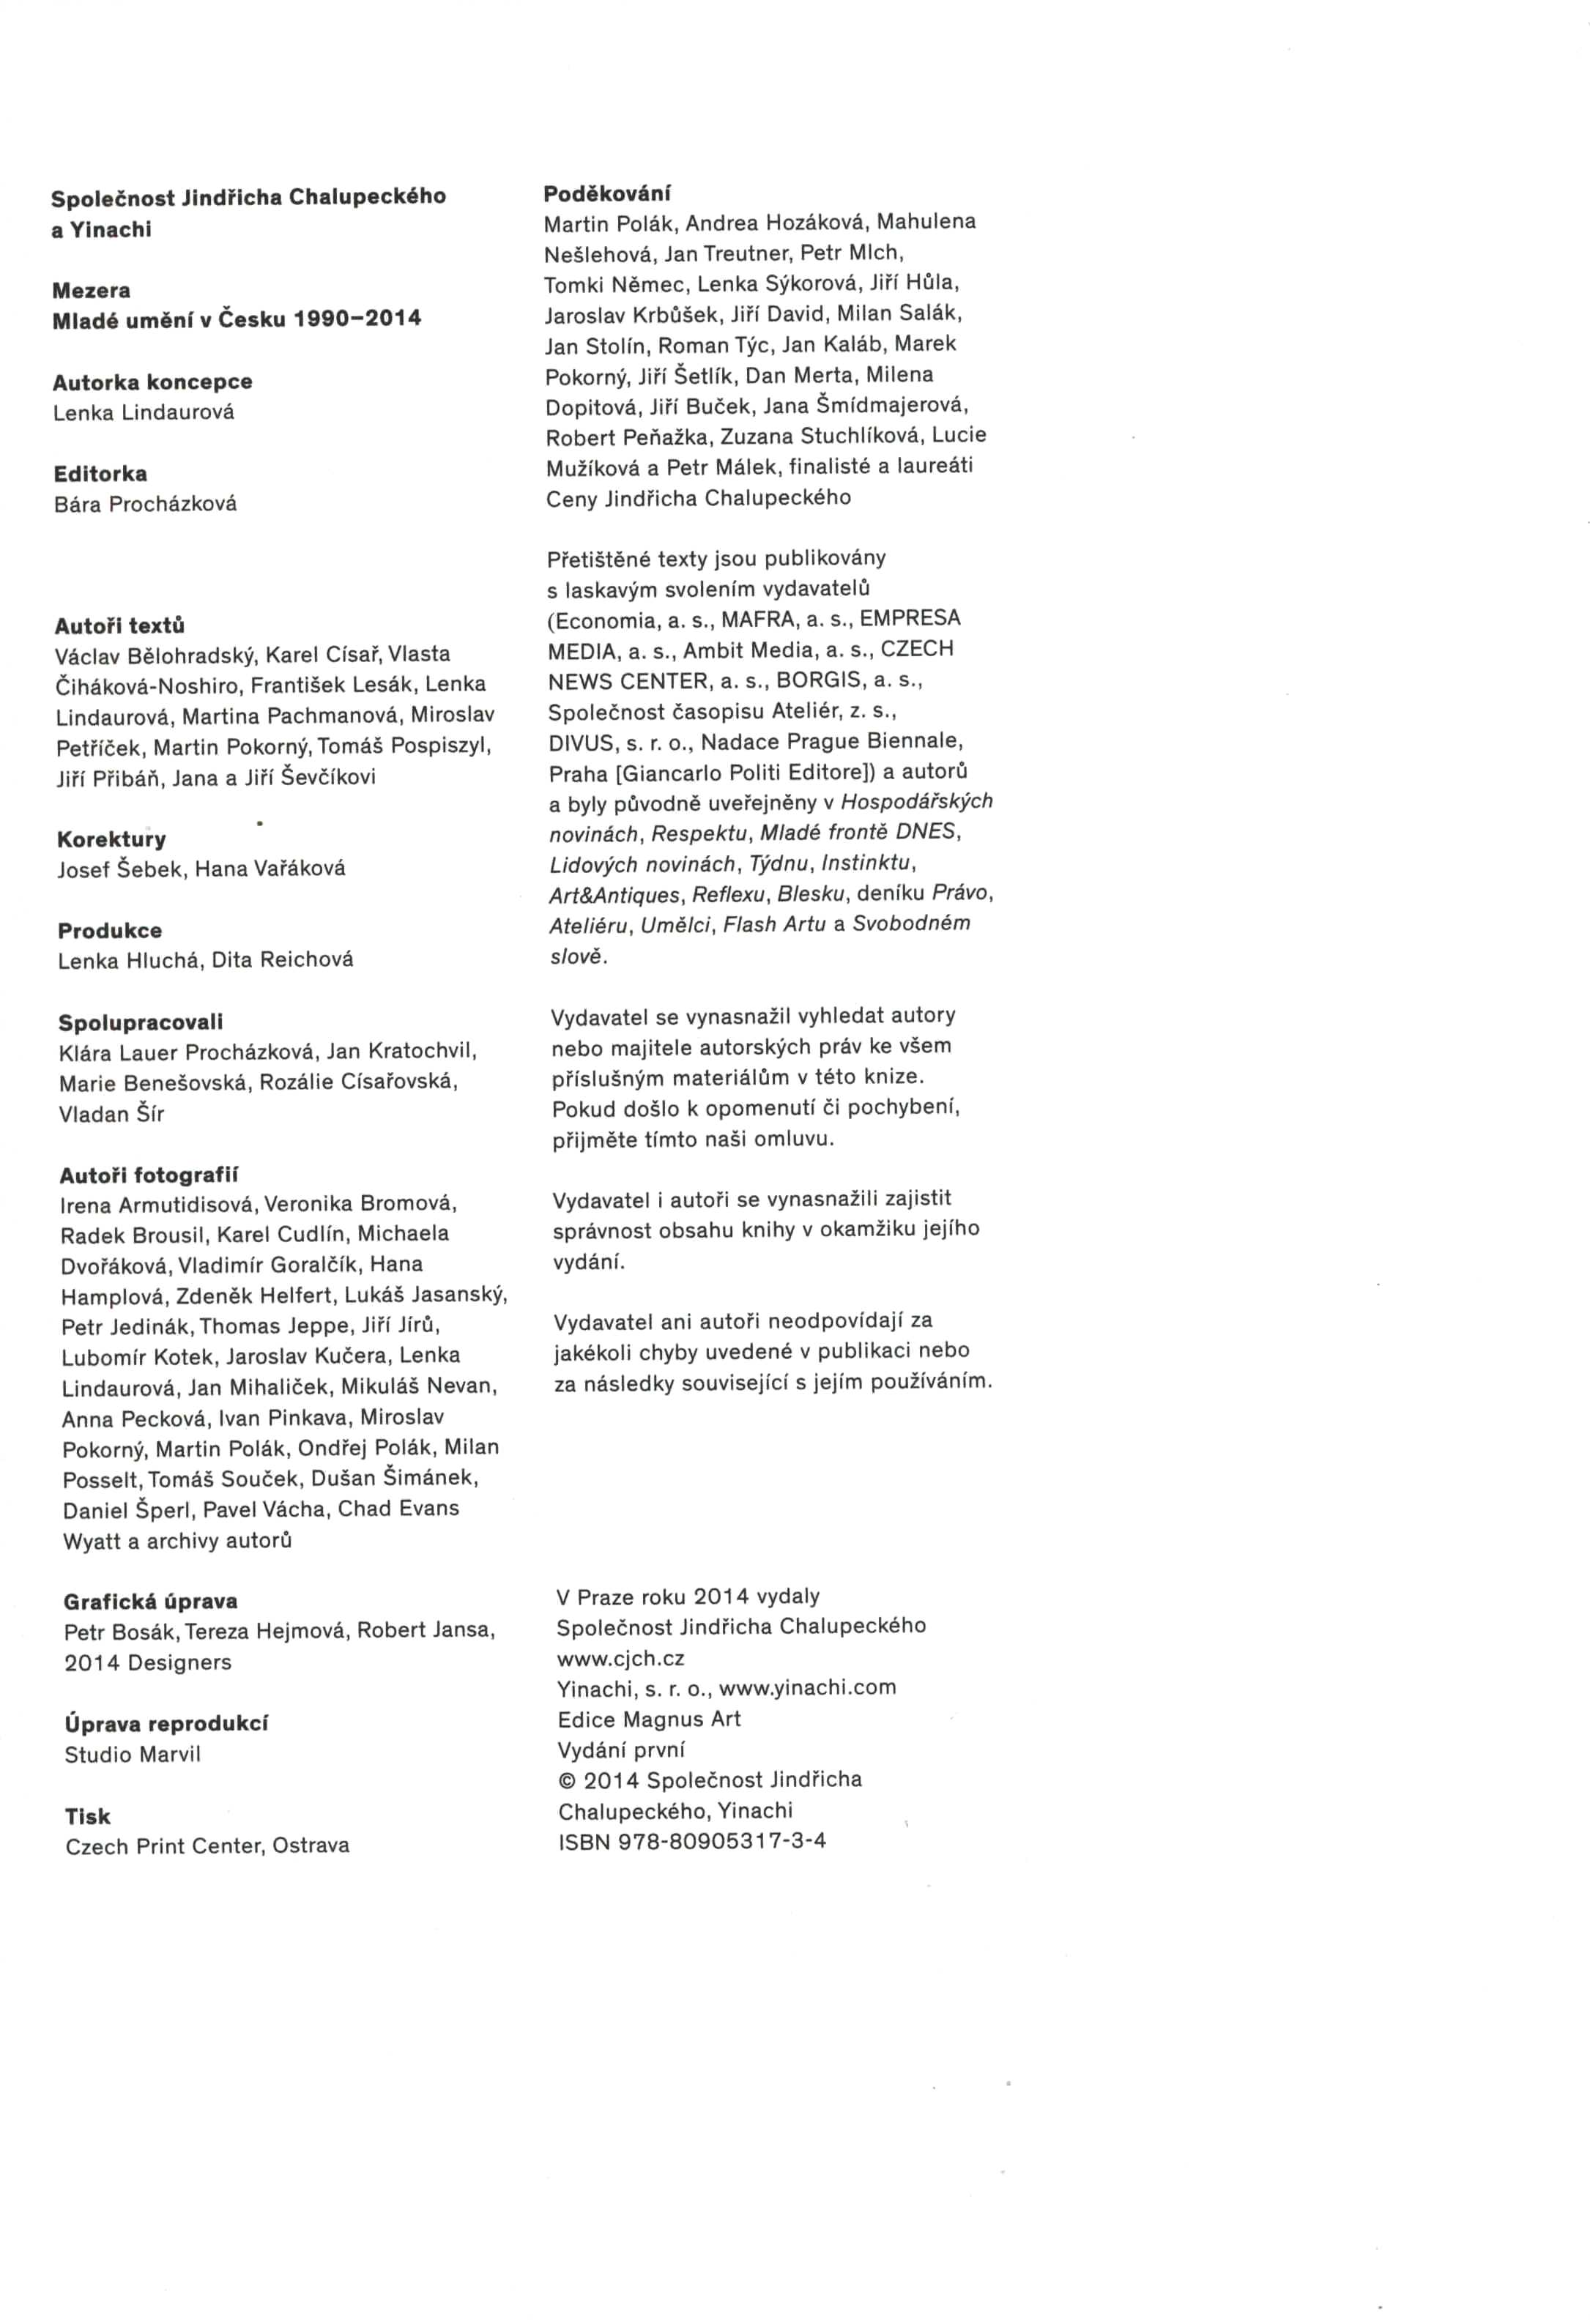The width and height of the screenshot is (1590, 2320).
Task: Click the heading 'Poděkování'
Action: [x=607, y=193]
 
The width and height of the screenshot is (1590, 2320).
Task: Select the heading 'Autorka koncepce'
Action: [x=152, y=382]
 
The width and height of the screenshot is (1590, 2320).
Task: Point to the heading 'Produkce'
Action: [x=109, y=930]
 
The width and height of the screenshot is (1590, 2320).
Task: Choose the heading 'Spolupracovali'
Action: [x=140, y=1022]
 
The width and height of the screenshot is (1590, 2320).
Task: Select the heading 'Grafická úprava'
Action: [x=151, y=1602]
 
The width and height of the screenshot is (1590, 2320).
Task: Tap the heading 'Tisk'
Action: [x=88, y=1816]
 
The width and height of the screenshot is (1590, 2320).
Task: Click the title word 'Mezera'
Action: [x=91, y=291]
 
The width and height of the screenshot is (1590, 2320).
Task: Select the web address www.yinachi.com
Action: [x=806, y=1688]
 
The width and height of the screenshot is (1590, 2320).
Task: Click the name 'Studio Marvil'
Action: [x=132, y=1754]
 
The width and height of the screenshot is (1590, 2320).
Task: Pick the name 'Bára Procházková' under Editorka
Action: [x=145, y=504]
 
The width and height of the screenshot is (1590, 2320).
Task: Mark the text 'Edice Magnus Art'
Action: [x=649, y=1719]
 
